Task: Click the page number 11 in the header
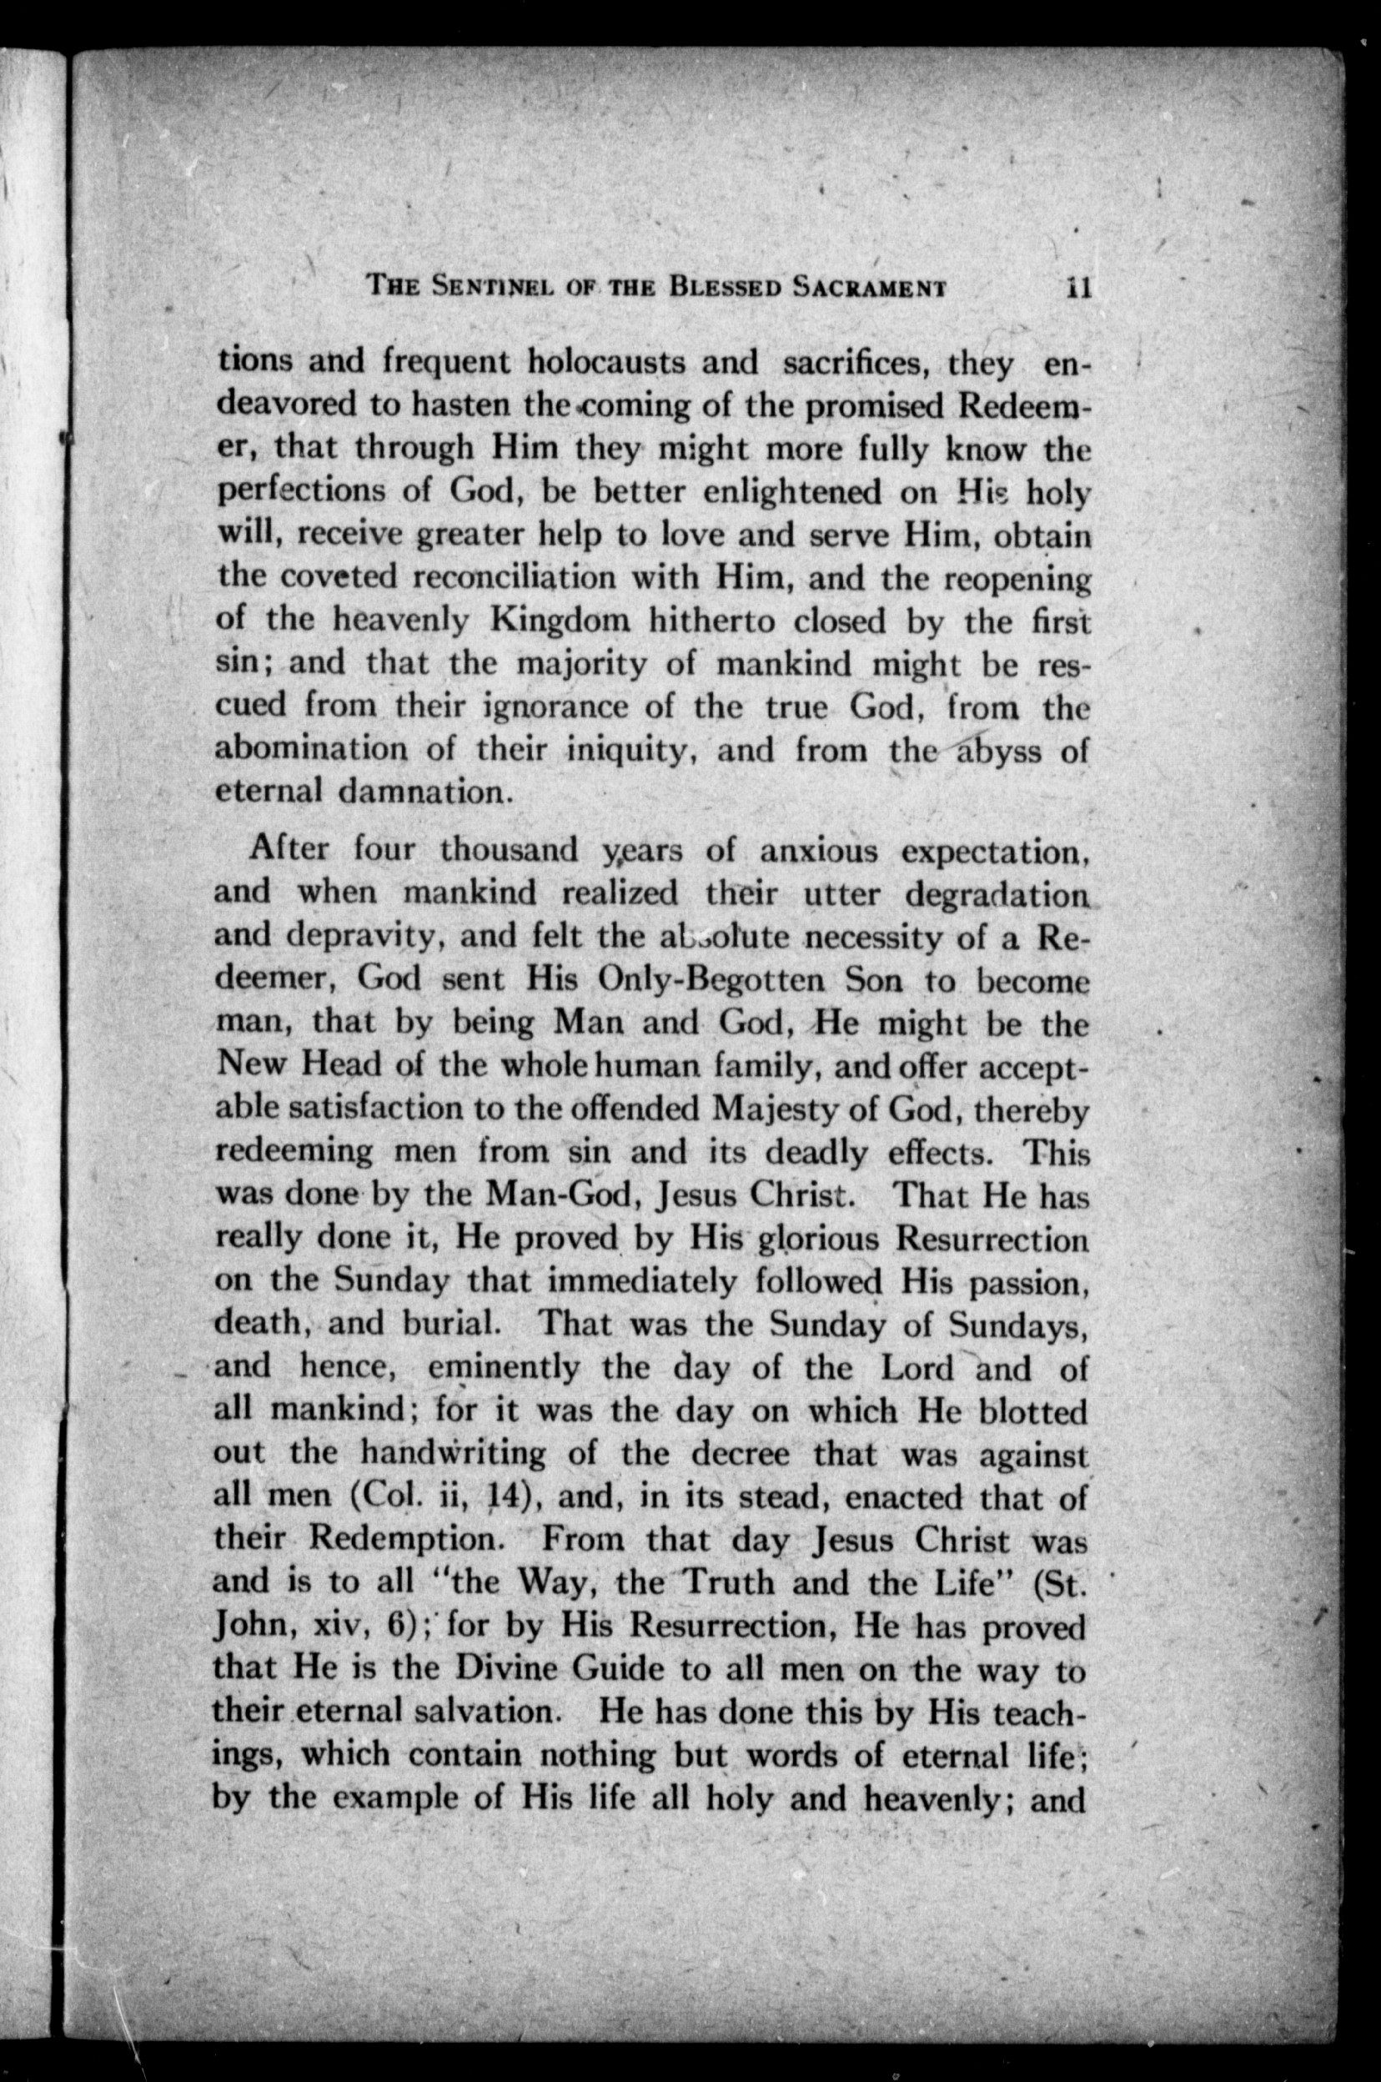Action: click(1078, 287)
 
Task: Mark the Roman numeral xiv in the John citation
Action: click(336, 1626)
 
